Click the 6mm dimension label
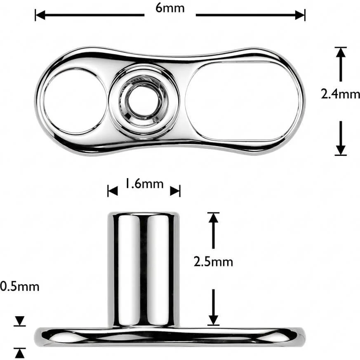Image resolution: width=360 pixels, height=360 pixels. tap(170, 8)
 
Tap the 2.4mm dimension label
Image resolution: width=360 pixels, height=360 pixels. tap(340, 94)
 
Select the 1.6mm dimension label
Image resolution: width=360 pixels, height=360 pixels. tap(144, 184)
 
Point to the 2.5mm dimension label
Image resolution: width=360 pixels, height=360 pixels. tap(213, 262)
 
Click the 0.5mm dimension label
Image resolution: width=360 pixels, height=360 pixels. tap(20, 287)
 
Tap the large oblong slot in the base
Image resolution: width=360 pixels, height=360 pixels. tap(243, 101)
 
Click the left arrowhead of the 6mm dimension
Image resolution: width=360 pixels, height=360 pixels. tap(40, 15)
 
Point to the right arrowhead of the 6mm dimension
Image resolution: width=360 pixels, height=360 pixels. tap(300, 15)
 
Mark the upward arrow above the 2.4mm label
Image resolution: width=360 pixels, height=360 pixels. tap(341, 64)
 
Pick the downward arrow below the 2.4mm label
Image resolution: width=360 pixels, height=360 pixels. tap(341, 138)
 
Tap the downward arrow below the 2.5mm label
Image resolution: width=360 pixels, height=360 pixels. tap(214, 307)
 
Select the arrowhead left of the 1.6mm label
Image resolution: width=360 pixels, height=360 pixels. tap(113, 191)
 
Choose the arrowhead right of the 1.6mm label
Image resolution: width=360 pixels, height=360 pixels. tap(175, 191)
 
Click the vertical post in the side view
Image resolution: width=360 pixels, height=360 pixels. tap(144, 269)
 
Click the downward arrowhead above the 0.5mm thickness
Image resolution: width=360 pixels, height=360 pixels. tap(20, 321)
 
